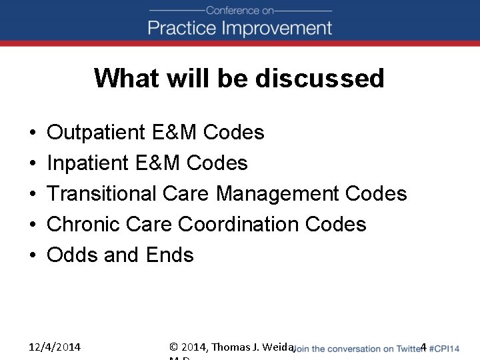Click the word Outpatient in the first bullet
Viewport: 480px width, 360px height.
click(x=97, y=133)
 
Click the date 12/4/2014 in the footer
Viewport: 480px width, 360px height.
click(x=55, y=347)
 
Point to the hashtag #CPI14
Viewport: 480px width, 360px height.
click(x=445, y=349)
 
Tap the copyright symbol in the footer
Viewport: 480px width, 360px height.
click(x=174, y=347)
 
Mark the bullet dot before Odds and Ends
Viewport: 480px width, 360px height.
click(x=32, y=255)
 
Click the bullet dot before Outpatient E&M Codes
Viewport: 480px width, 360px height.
click(x=32, y=133)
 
